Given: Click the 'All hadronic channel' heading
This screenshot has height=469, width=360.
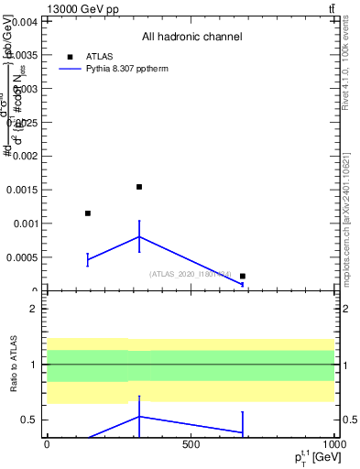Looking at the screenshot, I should coord(191,37).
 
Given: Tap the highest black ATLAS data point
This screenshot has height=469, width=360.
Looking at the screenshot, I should coord(139,187).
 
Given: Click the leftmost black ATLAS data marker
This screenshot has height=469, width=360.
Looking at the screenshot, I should coord(88,213).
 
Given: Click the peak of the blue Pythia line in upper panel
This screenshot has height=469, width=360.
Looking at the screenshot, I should coord(139,236).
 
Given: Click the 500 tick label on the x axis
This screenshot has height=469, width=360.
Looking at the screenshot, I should coord(191,445).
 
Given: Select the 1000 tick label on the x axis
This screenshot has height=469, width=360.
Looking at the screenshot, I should coord(333,445).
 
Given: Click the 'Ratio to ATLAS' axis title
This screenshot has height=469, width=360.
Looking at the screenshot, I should coord(13,365).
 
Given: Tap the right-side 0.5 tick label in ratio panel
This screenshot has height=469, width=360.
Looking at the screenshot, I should coord(348,420).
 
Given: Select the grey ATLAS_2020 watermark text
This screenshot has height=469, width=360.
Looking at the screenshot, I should coord(190,274).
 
